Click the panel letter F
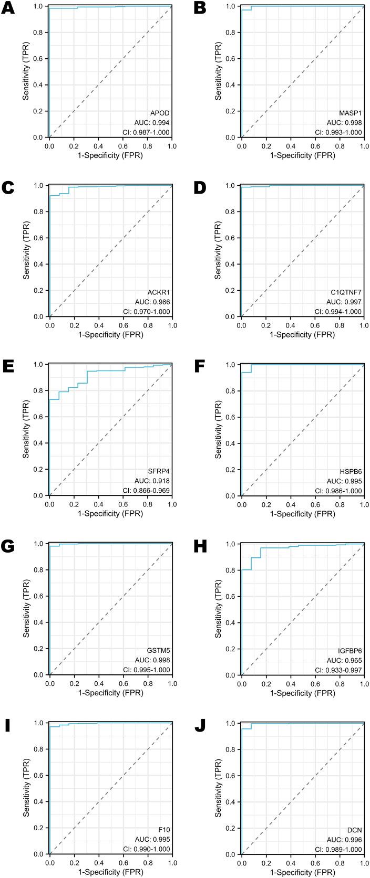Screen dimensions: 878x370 (200, 365)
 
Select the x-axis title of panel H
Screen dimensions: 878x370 (302, 693)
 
